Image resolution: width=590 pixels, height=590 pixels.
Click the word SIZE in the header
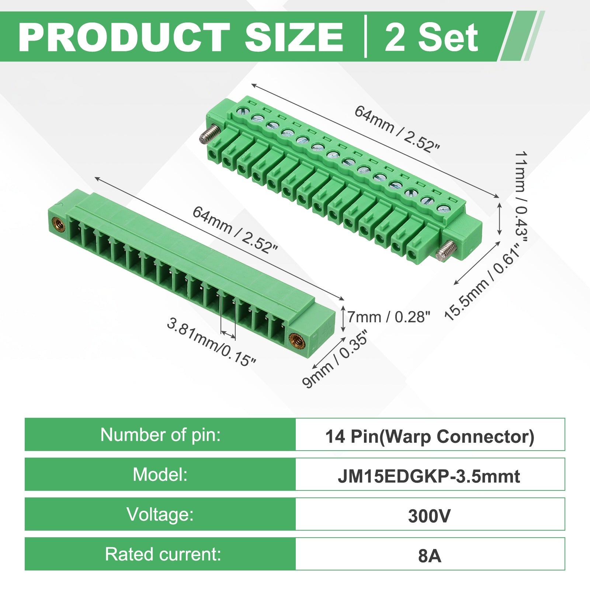click(294, 37)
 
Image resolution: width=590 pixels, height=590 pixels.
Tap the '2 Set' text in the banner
click(431, 37)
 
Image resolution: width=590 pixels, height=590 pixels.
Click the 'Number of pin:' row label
click(160, 434)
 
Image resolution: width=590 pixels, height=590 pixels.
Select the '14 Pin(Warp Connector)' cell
click(430, 436)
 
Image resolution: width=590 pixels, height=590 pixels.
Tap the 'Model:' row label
click(160, 474)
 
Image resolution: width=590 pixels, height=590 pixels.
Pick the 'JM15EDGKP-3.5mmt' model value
click(429, 476)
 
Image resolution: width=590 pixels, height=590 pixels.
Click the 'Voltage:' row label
click(160, 514)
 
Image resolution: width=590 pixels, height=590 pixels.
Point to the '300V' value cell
click(429, 516)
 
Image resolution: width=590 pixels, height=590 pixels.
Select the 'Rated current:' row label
click(163, 554)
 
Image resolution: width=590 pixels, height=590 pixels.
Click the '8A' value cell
click(430, 556)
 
